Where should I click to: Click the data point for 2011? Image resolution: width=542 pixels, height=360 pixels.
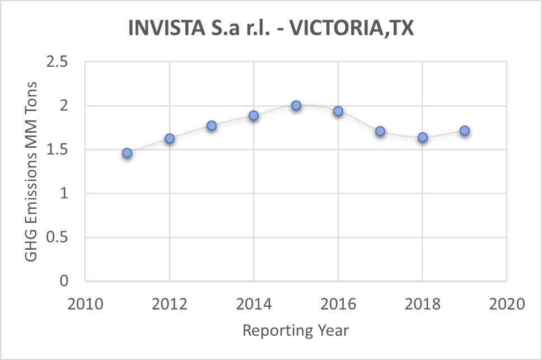tap(127, 153)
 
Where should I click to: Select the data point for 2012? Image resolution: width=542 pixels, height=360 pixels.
tap(170, 138)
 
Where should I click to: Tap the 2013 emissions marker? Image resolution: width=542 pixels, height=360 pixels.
tap(212, 125)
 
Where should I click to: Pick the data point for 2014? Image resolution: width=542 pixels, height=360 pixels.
tap(254, 115)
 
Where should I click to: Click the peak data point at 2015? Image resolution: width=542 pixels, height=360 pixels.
tap(296, 105)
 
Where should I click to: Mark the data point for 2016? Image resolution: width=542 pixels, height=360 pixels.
tap(338, 111)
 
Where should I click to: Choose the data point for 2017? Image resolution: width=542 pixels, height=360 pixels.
tap(380, 131)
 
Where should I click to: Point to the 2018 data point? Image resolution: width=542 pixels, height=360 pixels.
tap(423, 137)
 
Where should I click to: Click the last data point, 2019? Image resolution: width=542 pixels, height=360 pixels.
tap(465, 130)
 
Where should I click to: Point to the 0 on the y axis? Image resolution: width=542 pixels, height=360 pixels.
tap(64, 281)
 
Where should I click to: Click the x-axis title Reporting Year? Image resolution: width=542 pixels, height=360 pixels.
tap(296, 330)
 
